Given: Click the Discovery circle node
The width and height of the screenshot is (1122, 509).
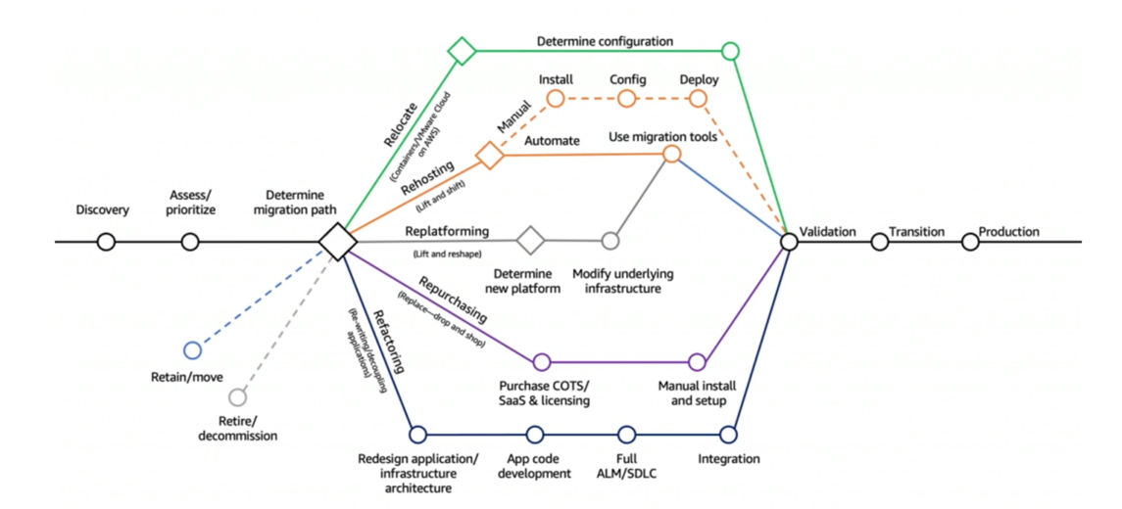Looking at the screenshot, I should [106, 241].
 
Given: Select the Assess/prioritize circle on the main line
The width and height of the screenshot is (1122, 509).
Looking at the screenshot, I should [190, 241].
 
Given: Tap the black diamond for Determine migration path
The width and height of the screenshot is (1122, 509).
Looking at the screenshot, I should [337, 241].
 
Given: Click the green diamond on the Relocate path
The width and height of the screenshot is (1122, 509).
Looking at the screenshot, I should [462, 51].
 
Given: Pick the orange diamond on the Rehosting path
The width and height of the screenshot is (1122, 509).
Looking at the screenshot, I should [489, 155].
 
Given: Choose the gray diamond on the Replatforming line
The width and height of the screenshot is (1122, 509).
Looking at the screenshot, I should [530, 240].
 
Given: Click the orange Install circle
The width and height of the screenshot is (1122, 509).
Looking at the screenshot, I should [556, 98].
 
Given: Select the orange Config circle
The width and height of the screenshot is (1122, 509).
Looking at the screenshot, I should [627, 98].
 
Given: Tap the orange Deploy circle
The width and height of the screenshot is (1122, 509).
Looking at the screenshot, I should [699, 98].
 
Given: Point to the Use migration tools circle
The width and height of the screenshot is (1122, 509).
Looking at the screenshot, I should [671, 154].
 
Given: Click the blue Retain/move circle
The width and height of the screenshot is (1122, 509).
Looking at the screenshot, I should [192, 349].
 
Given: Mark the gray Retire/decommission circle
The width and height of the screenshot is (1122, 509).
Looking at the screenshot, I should [237, 397].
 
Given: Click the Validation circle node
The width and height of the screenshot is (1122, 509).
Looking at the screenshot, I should [789, 241].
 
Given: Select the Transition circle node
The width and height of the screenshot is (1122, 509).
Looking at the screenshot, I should [879, 241].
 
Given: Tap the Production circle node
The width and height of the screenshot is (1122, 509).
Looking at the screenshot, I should [970, 241].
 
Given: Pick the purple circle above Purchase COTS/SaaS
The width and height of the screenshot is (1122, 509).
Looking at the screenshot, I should [542, 362].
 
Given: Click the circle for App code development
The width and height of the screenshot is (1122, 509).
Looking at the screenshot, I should [534, 434].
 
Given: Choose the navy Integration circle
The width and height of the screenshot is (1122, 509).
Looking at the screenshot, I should [728, 434].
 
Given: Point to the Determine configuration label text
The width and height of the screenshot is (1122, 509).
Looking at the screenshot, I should [605, 42].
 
